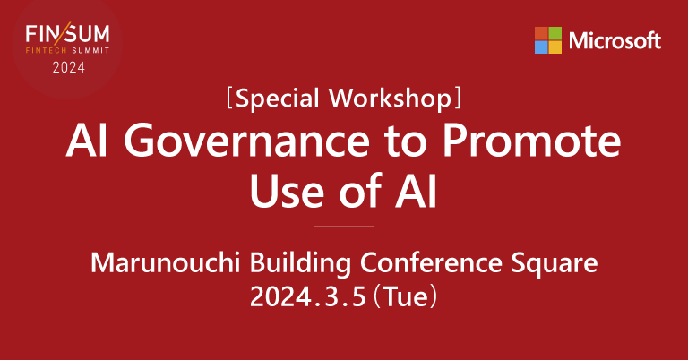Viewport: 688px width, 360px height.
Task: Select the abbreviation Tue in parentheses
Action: click(x=405, y=296)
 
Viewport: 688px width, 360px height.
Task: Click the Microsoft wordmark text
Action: click(x=615, y=40)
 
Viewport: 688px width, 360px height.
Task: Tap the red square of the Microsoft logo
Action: click(x=541, y=33)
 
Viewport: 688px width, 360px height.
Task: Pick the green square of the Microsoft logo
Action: click(x=555, y=33)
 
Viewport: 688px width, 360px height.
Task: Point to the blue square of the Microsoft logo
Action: click(x=541, y=47)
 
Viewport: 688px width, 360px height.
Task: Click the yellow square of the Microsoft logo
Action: click(x=555, y=47)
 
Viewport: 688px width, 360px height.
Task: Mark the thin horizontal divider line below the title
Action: click(x=344, y=227)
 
